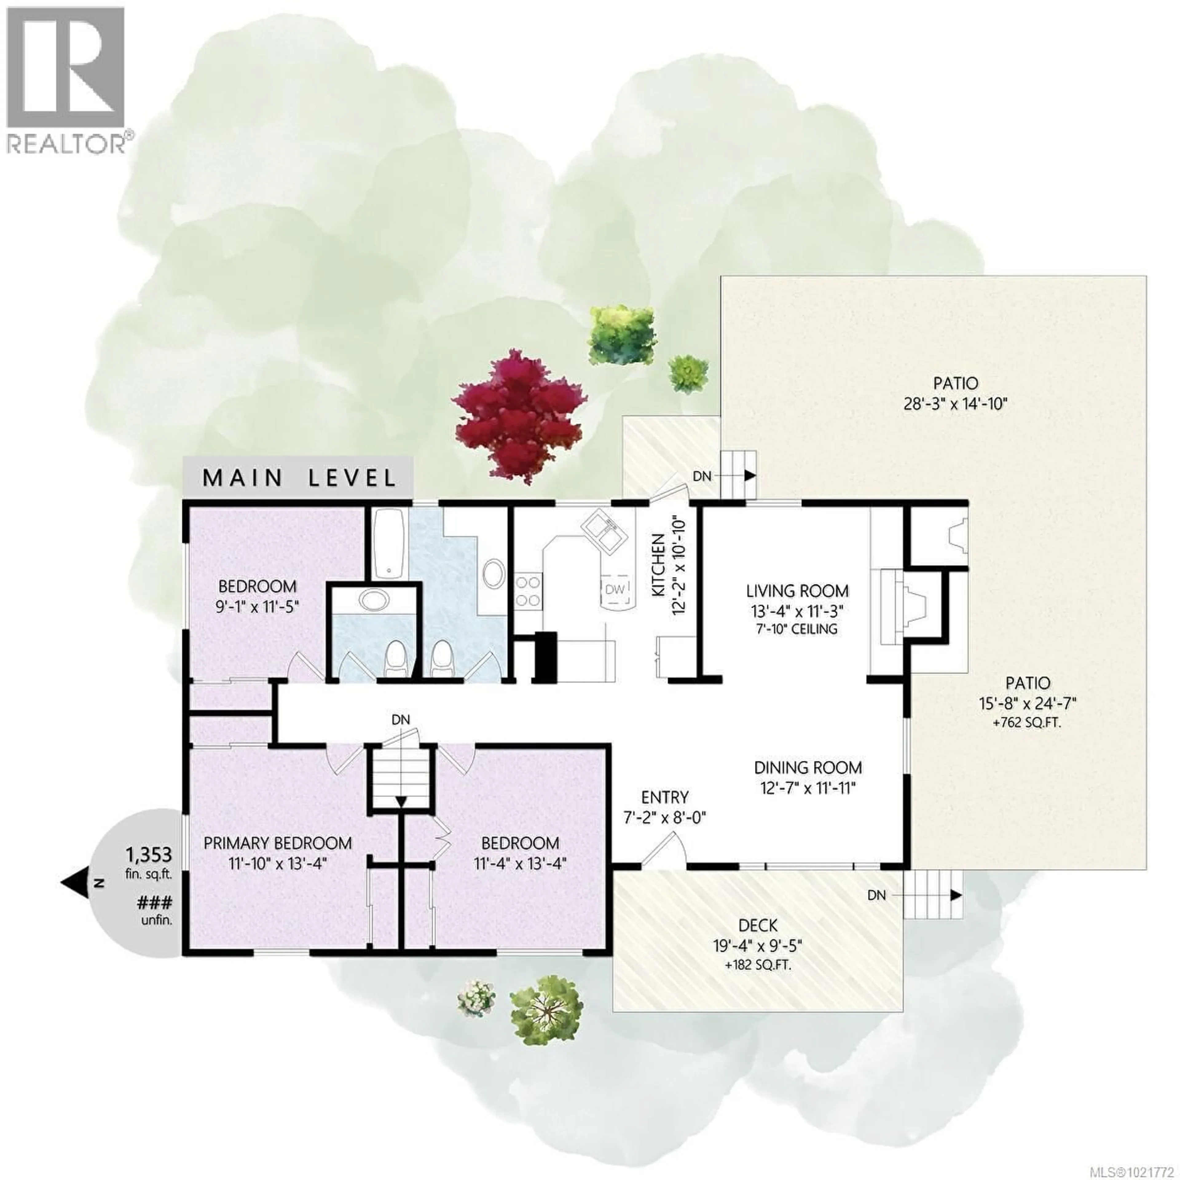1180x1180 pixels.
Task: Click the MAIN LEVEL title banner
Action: point(299,478)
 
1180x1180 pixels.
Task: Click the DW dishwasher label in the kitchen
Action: point(615,589)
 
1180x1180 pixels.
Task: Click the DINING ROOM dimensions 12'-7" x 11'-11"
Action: point(808,788)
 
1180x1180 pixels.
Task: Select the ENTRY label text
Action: point(664,797)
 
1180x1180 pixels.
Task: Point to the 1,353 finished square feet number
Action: point(148,853)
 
